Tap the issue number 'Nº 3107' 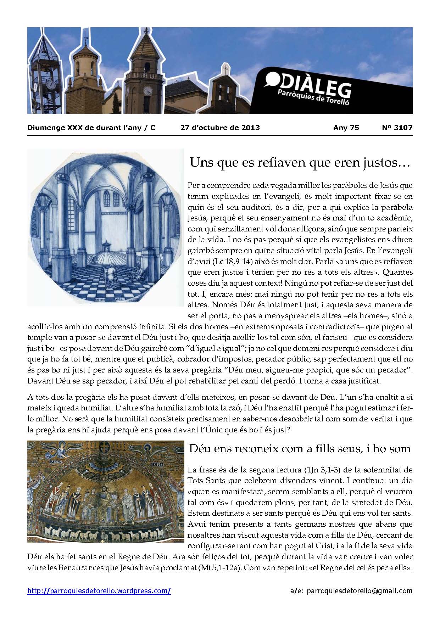pyautogui.click(x=398, y=128)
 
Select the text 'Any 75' pyautogui.click(x=346, y=128)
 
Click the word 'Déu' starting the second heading pyautogui.click(x=199, y=449)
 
